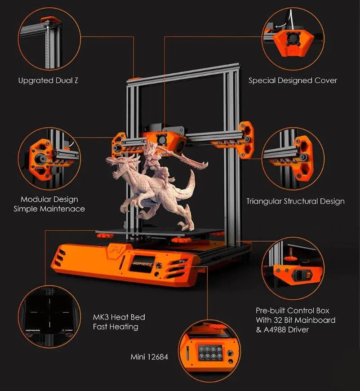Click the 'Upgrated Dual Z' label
coord(48,80)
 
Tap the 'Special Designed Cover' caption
coord(293,80)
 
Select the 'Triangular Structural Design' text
coord(295,201)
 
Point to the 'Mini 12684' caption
coord(149,357)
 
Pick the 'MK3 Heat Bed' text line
coord(119,317)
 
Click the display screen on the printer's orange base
coord(141,263)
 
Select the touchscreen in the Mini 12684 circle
coord(210,353)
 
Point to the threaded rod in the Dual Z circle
coord(47,45)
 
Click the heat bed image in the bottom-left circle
coord(49,316)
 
